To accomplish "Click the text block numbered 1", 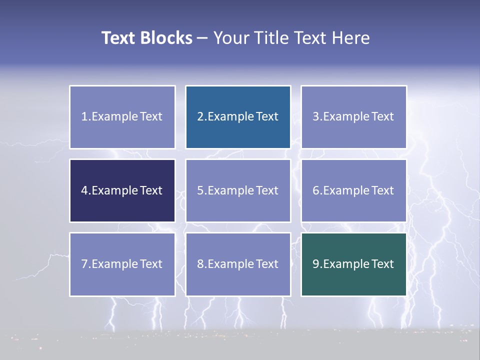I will pyautogui.click(x=122, y=117).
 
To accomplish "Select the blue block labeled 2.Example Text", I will pyautogui.click(x=238, y=117).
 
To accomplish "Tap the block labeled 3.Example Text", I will pyautogui.click(x=353, y=117).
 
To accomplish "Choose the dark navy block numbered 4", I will pyautogui.click(x=122, y=190).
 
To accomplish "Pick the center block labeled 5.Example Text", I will pyautogui.click(x=238, y=190).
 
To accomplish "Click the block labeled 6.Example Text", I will pyautogui.click(x=353, y=190).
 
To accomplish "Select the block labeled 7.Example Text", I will pyautogui.click(x=122, y=264).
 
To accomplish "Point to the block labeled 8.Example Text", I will pyautogui.click(x=238, y=264).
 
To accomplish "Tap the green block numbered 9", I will pyautogui.click(x=353, y=264).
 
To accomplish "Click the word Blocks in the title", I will pyautogui.click(x=166, y=38).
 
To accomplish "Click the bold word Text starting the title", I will pyautogui.click(x=118, y=38).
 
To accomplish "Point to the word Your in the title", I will pyautogui.click(x=230, y=38).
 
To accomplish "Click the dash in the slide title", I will pyautogui.click(x=202, y=38).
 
